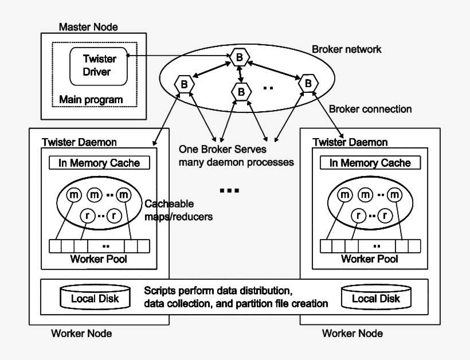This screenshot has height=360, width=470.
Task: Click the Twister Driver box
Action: tap(99, 66)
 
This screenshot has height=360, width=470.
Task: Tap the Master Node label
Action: tap(88, 27)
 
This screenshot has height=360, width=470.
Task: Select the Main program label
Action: tap(91, 100)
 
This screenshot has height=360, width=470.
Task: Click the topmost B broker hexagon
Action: tap(240, 57)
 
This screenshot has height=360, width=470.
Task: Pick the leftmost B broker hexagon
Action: tap(185, 84)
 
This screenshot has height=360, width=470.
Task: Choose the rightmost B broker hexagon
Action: tap(308, 83)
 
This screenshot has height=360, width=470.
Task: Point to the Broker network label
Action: tap(347, 49)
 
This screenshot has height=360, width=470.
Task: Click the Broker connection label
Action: tap(370, 109)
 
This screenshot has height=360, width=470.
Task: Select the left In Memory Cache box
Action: tap(99, 163)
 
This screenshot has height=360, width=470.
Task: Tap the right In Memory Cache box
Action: tap(370, 163)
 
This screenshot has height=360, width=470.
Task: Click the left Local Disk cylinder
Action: tap(95, 297)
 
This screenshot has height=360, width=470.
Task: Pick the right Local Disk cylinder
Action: tap(376, 297)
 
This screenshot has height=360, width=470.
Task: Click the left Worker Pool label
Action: tap(99, 259)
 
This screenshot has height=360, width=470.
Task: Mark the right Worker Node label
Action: tap(352, 333)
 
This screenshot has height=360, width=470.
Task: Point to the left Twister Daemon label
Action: tap(79, 142)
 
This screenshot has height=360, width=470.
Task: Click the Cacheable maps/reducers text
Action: tap(179, 210)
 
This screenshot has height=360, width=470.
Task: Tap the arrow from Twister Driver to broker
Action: tap(178, 56)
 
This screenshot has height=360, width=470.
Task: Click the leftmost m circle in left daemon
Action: tap(74, 195)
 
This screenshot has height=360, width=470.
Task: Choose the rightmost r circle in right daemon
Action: tap(385, 215)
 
